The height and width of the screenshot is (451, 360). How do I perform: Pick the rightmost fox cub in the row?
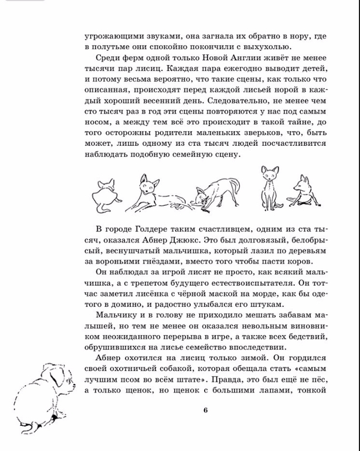(x=305, y=190)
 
